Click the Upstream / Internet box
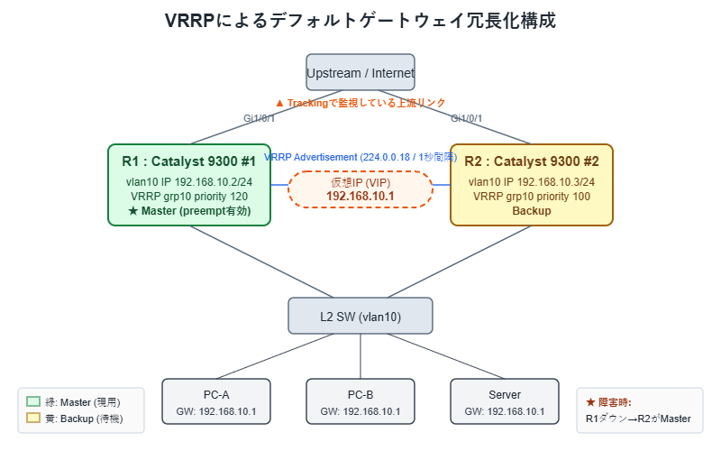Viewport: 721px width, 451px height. (x=360, y=72)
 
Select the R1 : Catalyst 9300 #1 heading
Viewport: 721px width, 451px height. (x=189, y=161)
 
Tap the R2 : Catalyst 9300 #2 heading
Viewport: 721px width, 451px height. (x=532, y=161)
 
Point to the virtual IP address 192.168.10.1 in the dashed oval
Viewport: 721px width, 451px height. (x=360, y=196)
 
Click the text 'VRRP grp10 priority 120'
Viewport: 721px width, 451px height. (x=189, y=196)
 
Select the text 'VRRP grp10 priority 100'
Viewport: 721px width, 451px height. (x=532, y=196)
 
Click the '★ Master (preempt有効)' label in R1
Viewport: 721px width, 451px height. (x=189, y=211)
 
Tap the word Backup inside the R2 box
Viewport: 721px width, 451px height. (x=532, y=211)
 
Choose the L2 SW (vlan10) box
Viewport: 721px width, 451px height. (x=360, y=316)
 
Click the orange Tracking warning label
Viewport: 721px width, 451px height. (x=360, y=103)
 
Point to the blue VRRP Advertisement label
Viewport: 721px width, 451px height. (x=360, y=157)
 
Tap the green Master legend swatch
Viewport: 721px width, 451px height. (x=34, y=402)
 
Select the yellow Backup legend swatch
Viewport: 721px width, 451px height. (x=34, y=419)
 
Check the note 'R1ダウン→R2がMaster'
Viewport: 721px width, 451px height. (x=638, y=419)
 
